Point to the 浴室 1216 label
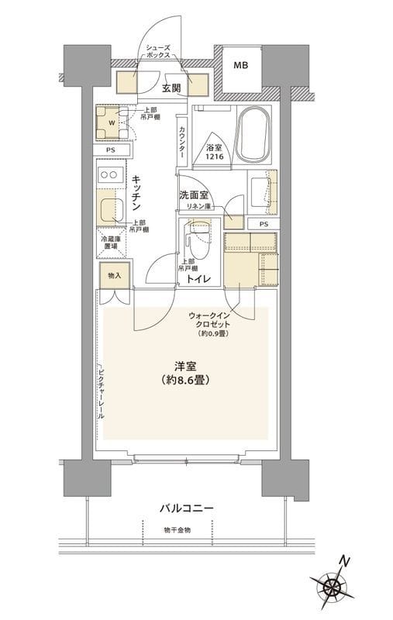coord(215,152)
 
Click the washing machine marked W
coord(110,121)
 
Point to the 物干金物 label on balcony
coord(178,530)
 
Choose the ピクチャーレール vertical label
coord(102,392)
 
